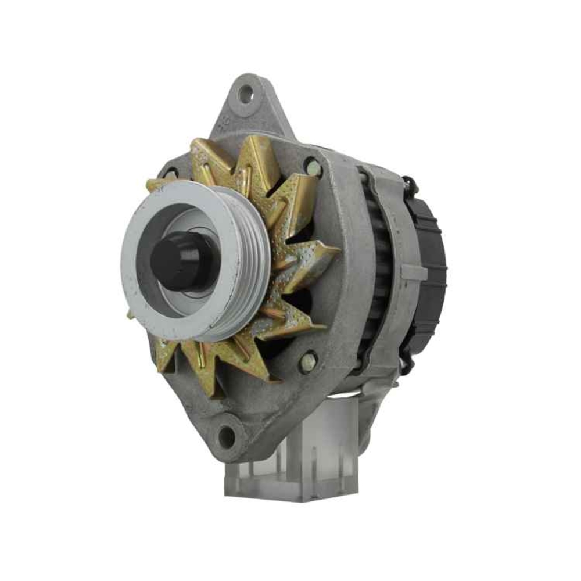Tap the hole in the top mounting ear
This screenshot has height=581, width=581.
pos(246,94)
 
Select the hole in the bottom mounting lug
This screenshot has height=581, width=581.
pos(225,435)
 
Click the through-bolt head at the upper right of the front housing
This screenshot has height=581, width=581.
pos(313,167)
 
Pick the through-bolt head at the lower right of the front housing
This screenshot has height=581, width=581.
pos(307,363)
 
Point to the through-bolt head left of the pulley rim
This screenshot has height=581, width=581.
pos(170,173)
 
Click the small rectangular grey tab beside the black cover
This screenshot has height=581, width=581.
pos(414,271)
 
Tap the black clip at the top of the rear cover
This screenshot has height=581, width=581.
pos(410,185)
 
